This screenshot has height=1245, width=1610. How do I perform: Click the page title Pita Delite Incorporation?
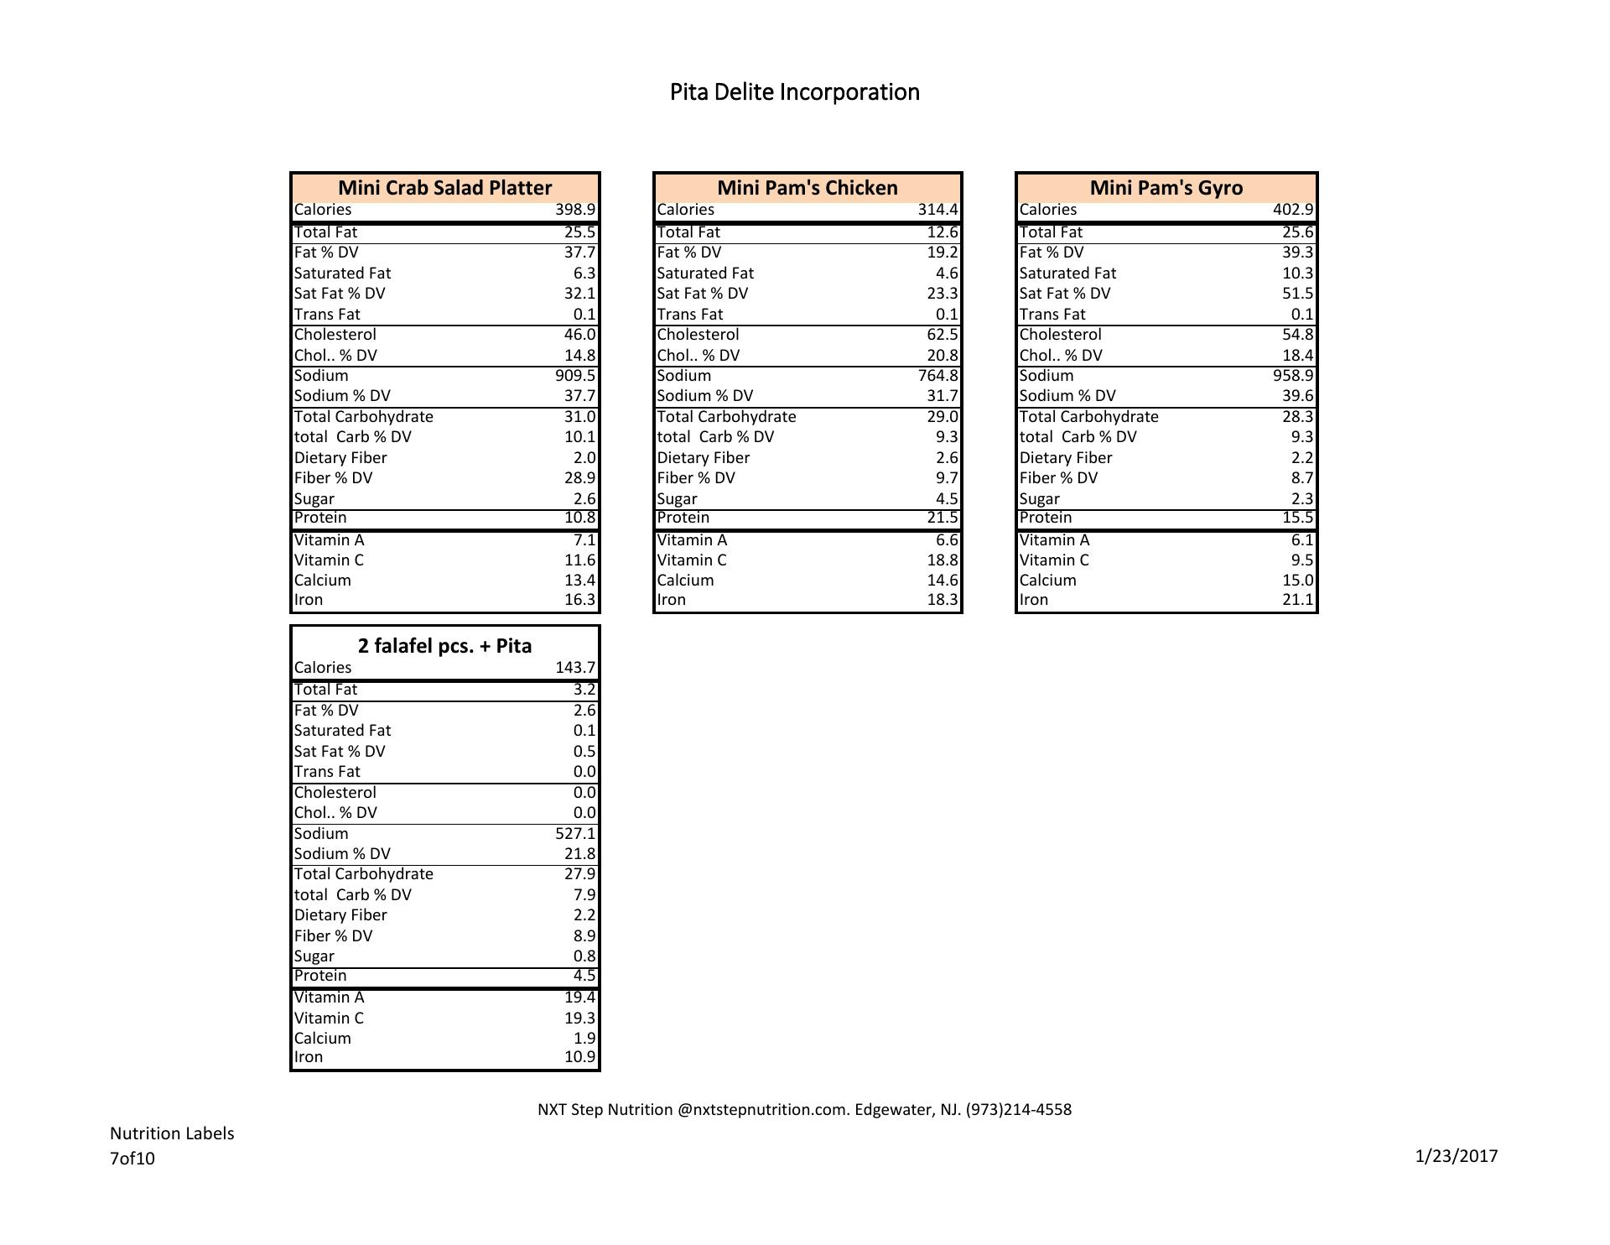pyautogui.click(x=794, y=92)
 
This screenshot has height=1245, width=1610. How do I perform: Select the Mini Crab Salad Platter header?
pyautogui.click(x=444, y=188)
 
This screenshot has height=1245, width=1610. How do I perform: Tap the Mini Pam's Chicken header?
pyautogui.click(x=807, y=188)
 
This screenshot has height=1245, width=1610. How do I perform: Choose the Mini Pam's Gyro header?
pyautogui.click(x=1166, y=188)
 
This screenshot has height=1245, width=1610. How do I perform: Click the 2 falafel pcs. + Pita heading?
pyautogui.click(x=444, y=646)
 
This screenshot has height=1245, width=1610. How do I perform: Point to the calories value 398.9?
pyautogui.click(x=575, y=210)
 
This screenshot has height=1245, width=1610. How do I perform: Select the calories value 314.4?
pyautogui.click(x=937, y=210)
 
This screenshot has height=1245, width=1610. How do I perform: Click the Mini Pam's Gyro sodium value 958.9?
pyautogui.click(x=1293, y=376)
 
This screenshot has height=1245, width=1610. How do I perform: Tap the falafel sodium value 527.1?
pyautogui.click(x=575, y=834)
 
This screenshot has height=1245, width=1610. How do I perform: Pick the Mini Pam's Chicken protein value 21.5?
pyautogui.click(x=943, y=518)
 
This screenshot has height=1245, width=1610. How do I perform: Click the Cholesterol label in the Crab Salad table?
pyautogui.click(x=335, y=335)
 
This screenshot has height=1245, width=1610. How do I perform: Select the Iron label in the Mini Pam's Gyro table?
pyautogui.click(x=1034, y=600)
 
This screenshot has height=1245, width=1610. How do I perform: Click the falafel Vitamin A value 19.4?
pyautogui.click(x=579, y=998)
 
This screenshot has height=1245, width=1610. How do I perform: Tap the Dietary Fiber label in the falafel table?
pyautogui.click(x=340, y=915)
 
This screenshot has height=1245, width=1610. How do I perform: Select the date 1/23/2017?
pyautogui.click(x=1456, y=1157)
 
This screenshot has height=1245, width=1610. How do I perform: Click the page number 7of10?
pyautogui.click(x=132, y=1159)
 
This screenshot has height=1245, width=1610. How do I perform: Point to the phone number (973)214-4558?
pyautogui.click(x=1018, y=1110)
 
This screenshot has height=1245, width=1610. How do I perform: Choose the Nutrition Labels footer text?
pyautogui.click(x=172, y=1133)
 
